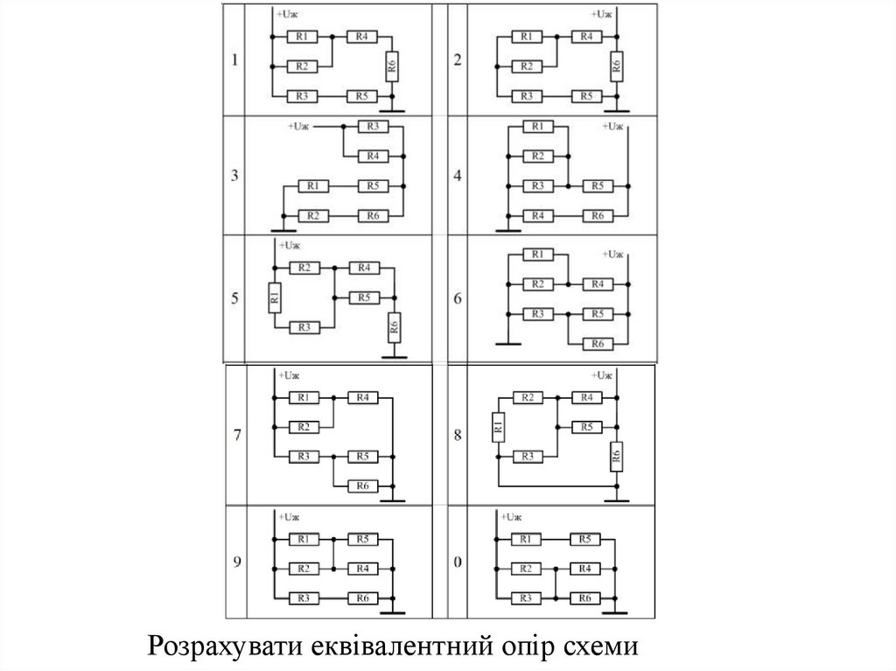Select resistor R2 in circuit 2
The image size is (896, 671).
[x=524, y=66]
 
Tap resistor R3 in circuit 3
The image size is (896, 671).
[x=373, y=127]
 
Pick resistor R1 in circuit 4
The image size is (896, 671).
[x=537, y=127]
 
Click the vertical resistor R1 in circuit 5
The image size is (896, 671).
[x=275, y=297]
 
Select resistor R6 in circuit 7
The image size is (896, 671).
[x=362, y=486]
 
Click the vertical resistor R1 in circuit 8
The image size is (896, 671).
[x=497, y=427]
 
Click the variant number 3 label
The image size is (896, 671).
[x=234, y=175]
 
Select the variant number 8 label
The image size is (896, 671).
[x=458, y=435]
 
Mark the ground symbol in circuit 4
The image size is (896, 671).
[x=507, y=230]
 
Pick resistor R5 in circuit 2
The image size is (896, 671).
[x=585, y=95]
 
